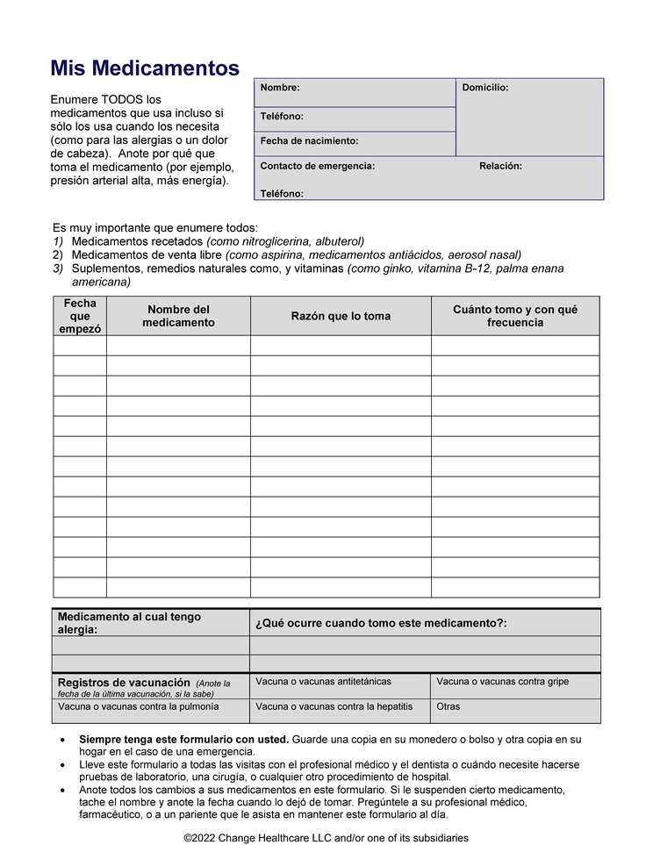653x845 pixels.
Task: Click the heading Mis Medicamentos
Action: coord(144,68)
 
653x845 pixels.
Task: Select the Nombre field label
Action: coord(280,88)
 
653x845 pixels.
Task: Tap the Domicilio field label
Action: coord(485,88)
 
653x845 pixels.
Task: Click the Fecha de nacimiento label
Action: coord(309,140)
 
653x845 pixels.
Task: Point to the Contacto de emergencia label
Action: coord(318,166)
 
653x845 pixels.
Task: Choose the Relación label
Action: coord(500,166)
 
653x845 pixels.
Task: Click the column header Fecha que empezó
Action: coord(80,316)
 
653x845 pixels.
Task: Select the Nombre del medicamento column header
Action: coord(178,316)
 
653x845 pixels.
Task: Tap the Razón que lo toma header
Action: coord(341,316)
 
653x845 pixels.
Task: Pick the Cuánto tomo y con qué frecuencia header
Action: coord(515,316)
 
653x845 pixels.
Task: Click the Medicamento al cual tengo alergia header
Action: coord(129,623)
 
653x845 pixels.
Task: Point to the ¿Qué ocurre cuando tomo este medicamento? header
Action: coord(381,623)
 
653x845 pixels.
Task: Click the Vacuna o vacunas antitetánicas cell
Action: coord(323,682)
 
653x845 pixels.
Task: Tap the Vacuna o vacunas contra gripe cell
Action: coord(502,682)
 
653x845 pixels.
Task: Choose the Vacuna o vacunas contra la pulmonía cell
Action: coord(139,706)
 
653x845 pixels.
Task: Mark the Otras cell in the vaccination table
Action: coord(448,706)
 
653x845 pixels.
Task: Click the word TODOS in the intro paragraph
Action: coord(118,100)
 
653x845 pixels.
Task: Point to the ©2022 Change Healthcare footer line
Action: coord(326,838)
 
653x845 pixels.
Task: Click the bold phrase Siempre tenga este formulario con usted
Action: coord(184,740)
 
